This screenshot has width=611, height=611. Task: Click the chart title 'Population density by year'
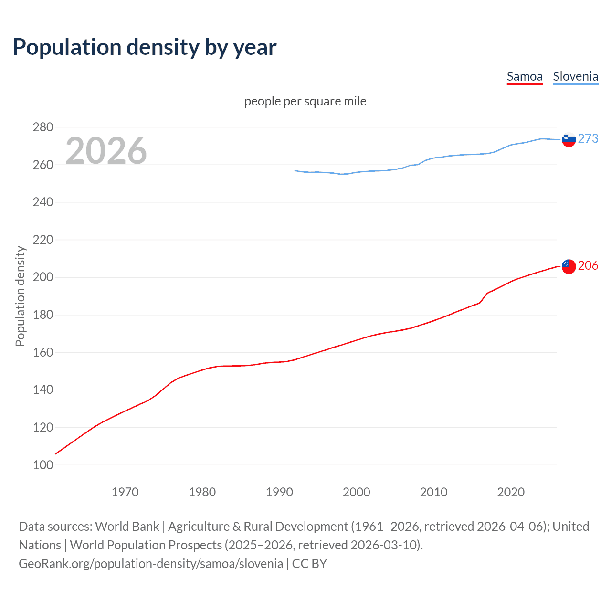point(145,47)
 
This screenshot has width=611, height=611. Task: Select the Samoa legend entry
point(525,77)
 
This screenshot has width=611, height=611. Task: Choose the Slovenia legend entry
point(575,77)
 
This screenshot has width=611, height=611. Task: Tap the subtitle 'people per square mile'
point(305,102)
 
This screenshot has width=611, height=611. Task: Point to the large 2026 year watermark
point(106,151)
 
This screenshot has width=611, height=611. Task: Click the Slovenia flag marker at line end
point(569,139)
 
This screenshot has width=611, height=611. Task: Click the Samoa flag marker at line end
point(569,266)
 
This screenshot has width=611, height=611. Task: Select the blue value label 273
point(588,138)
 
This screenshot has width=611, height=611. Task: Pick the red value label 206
point(588,266)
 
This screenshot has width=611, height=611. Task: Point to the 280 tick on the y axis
point(43,127)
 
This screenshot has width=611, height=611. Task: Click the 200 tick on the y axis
point(43,277)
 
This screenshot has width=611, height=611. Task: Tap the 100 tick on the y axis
point(43,465)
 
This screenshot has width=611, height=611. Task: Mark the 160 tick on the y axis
point(43,353)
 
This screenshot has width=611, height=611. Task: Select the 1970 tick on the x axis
point(125,492)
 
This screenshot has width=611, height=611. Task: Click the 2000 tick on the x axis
point(357,492)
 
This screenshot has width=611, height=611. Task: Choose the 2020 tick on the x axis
point(511,492)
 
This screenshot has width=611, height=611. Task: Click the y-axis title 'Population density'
point(20,296)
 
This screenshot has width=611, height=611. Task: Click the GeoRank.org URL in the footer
point(151,564)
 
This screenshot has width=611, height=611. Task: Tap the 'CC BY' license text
point(309,564)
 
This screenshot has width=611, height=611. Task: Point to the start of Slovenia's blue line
point(295,170)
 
